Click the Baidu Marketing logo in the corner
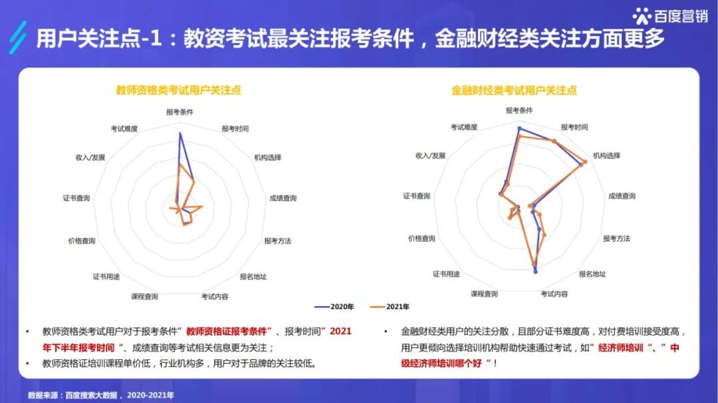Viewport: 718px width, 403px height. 669,15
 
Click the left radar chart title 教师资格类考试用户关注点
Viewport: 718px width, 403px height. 178,90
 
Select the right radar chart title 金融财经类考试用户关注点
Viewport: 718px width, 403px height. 514,90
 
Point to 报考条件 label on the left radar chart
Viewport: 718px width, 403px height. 179,112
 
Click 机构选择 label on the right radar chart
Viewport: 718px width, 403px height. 606,155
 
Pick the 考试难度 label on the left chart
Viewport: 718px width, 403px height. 124,128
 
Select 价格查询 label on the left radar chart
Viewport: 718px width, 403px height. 82,240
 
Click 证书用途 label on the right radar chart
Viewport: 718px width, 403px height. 446,274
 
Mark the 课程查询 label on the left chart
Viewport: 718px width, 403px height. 144,296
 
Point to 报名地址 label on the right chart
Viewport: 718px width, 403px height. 592,274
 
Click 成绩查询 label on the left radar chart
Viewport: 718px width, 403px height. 283,198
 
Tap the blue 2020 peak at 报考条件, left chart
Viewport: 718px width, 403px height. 179,133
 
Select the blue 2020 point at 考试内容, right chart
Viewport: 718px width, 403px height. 535,272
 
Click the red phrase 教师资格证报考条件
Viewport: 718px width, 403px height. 226,331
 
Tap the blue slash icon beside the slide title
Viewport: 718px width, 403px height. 19,38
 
